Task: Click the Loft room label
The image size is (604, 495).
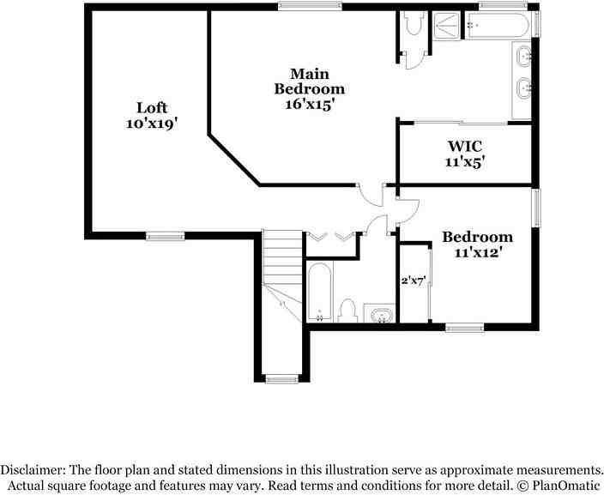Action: [x=151, y=108]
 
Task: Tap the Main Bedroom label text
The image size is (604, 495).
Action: [x=309, y=81]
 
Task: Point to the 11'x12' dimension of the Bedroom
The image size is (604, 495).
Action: [x=477, y=252]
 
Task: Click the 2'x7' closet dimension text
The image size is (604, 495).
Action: [x=414, y=280]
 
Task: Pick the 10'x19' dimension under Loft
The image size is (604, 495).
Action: [x=151, y=124]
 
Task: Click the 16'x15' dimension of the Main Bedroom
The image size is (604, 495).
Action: [x=309, y=104]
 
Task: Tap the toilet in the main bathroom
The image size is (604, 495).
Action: [x=414, y=23]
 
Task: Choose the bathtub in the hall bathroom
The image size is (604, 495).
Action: [x=319, y=292]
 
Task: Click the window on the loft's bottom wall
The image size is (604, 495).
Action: [x=165, y=236]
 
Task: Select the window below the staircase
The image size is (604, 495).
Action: [x=281, y=378]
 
